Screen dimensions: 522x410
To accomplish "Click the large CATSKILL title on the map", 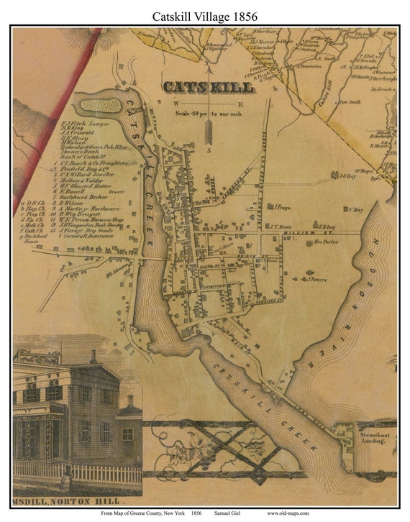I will pyautogui.click(x=208, y=87).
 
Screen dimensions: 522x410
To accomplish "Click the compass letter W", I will pyautogui.click(x=175, y=104).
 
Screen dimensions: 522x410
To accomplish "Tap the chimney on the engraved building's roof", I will pyautogui.click(x=92, y=357).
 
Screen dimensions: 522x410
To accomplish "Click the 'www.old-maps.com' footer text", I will pyautogui.click(x=288, y=513).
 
